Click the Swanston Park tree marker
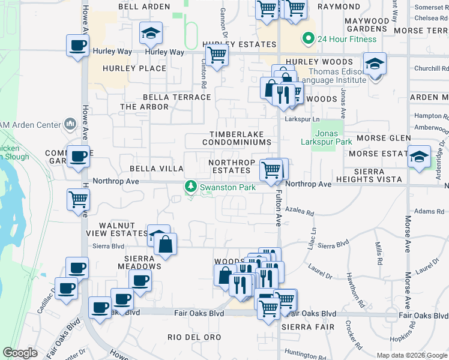[x=191, y=187]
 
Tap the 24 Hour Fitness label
[x=347, y=40]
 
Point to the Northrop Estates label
[x=229, y=166]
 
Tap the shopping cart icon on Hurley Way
[x=217, y=55]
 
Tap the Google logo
[x=20, y=353]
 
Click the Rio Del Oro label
[x=190, y=337]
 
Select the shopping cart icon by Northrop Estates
[x=271, y=170]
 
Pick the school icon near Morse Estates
[x=419, y=157]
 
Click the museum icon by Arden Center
[x=70, y=125]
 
